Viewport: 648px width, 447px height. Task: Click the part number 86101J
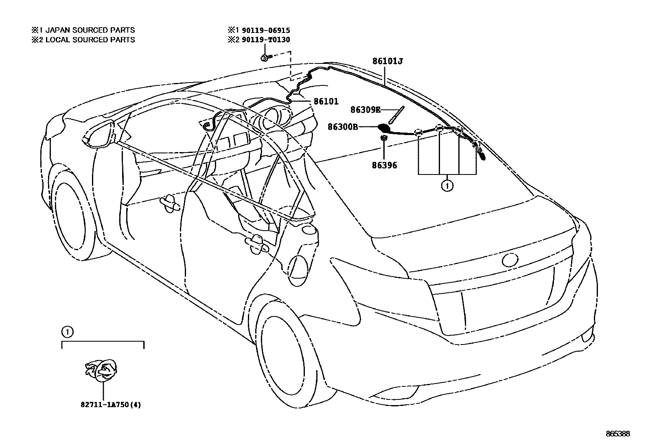point(387,61)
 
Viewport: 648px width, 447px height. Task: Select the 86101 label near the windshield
point(326,101)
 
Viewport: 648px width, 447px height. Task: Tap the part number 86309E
point(366,110)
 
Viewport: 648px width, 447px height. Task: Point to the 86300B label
point(343,127)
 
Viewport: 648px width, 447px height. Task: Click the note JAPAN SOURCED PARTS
point(90,30)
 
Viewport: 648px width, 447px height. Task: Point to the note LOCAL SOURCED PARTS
point(90,39)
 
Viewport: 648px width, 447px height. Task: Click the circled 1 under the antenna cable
point(447,186)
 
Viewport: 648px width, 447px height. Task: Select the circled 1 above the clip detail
point(67,332)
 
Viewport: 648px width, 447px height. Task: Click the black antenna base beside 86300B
point(384,128)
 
